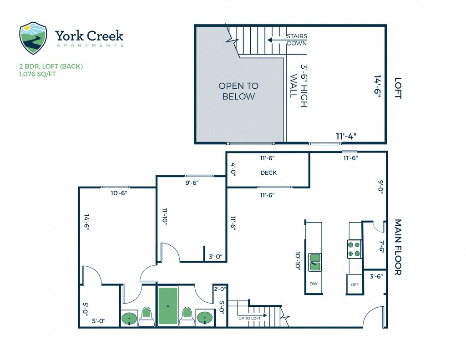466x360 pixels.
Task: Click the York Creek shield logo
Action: click(x=33, y=38)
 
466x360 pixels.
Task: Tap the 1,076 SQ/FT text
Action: click(x=38, y=74)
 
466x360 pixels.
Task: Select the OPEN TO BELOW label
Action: click(x=238, y=91)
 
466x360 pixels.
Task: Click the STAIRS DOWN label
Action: click(x=296, y=40)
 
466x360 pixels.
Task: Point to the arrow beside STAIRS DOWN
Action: click(x=275, y=40)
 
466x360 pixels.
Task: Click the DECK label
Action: click(x=268, y=172)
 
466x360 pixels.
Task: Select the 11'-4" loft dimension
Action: click(x=346, y=136)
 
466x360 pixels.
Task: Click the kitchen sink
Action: click(x=315, y=262)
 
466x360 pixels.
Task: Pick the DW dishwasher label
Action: click(x=313, y=284)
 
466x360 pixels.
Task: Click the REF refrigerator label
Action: click(x=355, y=285)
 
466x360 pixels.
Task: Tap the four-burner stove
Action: click(x=355, y=249)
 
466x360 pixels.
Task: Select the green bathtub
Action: click(x=168, y=306)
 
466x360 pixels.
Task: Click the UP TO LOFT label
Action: click(x=250, y=318)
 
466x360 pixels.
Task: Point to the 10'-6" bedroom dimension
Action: click(x=119, y=193)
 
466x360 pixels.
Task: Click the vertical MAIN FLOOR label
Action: click(x=397, y=247)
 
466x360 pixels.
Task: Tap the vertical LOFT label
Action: click(x=397, y=89)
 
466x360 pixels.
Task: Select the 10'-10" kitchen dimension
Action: click(x=298, y=262)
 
